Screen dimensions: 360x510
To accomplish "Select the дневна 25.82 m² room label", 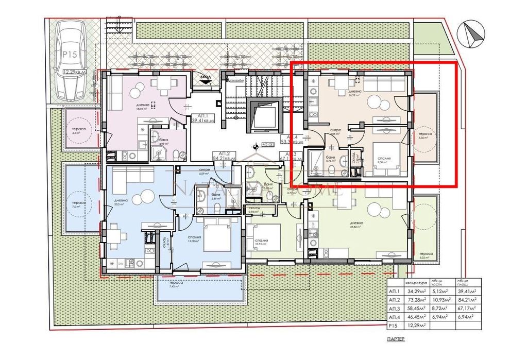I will pos(356,224).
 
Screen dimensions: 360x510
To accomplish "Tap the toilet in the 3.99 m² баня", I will pos(176,153).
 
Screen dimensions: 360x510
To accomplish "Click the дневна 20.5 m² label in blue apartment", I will pos(122,202).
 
